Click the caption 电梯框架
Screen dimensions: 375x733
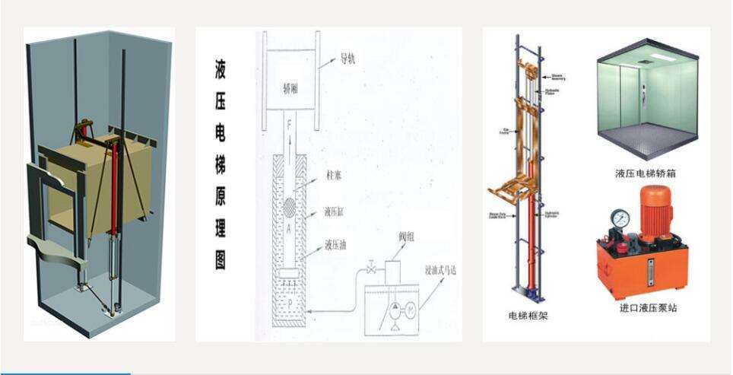(x=528, y=316)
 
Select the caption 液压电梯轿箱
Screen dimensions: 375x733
(x=645, y=173)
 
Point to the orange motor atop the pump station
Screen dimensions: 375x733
(x=655, y=213)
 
